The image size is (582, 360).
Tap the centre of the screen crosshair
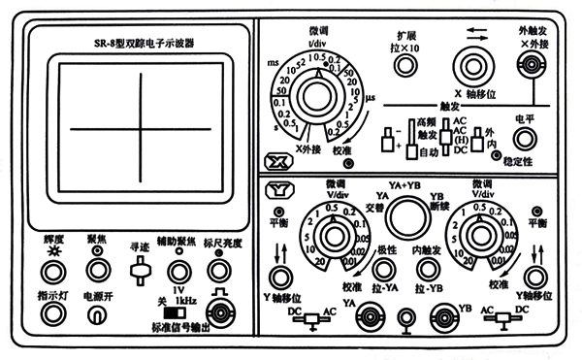(x=141, y=127)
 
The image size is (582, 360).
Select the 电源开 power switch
(x=95, y=315)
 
